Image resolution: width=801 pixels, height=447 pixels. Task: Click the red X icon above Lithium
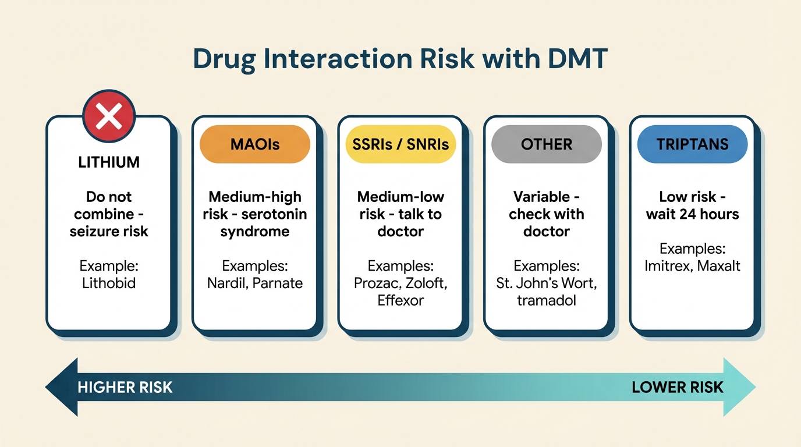click(x=109, y=116)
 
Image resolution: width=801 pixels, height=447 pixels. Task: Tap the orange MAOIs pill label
click(x=255, y=144)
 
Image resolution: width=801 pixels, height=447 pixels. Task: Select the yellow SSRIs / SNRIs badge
click(x=400, y=144)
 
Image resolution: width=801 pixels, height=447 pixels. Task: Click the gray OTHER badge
click(x=547, y=144)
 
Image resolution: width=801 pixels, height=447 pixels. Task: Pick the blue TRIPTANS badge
click(x=692, y=144)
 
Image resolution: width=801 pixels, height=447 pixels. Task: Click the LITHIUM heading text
click(x=109, y=162)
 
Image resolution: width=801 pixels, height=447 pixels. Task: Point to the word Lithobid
click(x=109, y=283)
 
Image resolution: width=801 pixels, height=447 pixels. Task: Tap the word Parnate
click(x=278, y=283)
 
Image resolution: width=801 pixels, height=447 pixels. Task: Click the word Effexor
click(x=400, y=300)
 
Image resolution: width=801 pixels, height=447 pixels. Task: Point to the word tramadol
click(x=547, y=300)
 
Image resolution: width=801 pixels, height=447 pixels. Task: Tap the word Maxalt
click(x=718, y=266)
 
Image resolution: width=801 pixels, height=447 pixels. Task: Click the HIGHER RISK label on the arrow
click(x=125, y=387)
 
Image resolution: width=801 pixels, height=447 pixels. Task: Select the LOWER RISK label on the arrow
click(x=678, y=387)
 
